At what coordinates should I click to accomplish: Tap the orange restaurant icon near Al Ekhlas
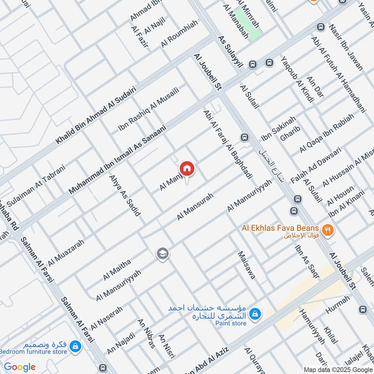[329, 230]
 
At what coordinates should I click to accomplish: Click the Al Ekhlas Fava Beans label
[282, 228]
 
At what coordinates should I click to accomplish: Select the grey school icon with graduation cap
[163, 254]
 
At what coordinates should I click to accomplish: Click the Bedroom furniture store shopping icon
[74, 346]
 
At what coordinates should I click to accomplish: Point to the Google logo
[20, 367]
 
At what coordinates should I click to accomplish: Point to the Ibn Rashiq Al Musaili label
[148, 108]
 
